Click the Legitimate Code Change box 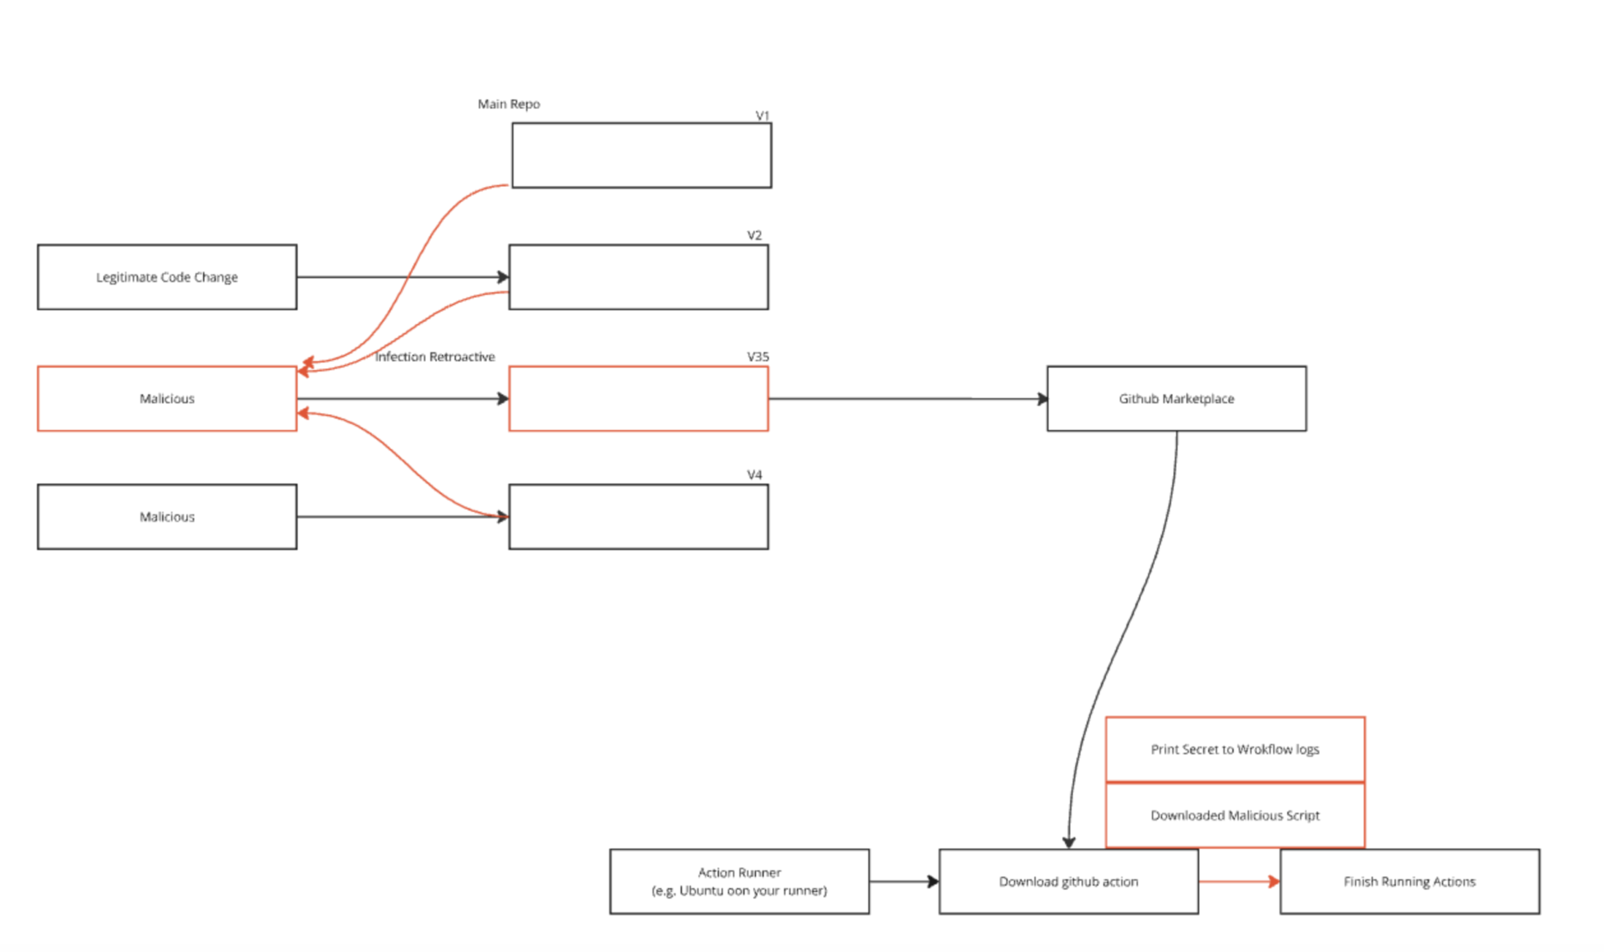coord(167,277)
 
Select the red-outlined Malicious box coord(167,398)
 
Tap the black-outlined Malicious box coord(167,517)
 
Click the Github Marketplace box coord(1176,398)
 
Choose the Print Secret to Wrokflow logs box coord(1235,749)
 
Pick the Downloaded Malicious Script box coord(1235,815)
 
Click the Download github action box coord(1068,881)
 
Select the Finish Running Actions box coord(1409,881)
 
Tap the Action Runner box coord(739,881)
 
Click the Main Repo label coord(509,104)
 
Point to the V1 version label coord(762,115)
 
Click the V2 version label coord(754,235)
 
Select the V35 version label coord(758,357)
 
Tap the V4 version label coord(754,474)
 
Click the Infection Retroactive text coord(434,357)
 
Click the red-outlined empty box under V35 coord(638,398)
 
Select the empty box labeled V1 coord(642,155)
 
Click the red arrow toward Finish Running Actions coord(1239,881)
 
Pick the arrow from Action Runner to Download coord(904,881)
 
